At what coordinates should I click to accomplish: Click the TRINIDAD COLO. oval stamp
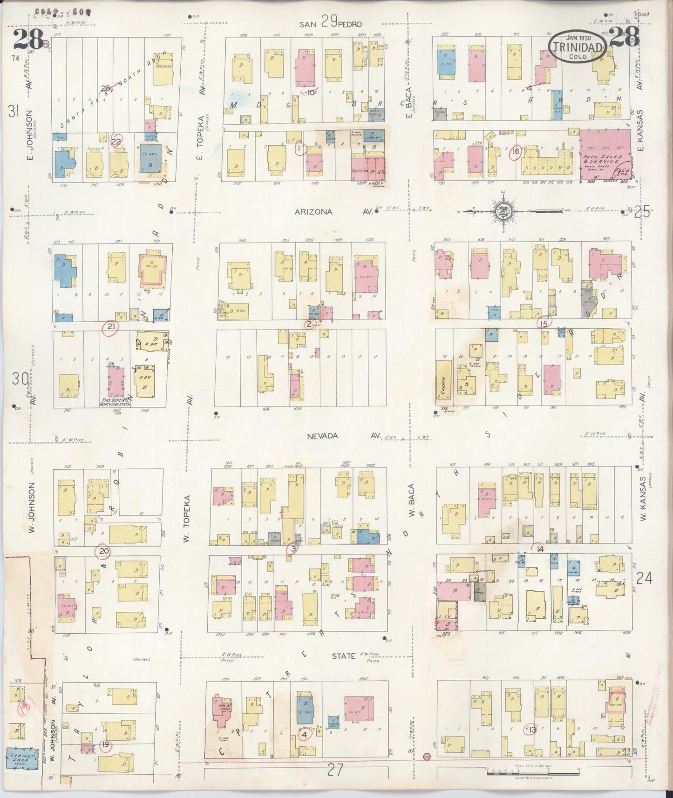[578, 47]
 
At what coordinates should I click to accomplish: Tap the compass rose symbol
[503, 211]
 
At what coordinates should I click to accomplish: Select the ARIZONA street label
[313, 212]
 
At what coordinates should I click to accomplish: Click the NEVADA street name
[322, 436]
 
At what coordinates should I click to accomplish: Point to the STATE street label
[344, 656]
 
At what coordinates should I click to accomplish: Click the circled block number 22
[116, 142]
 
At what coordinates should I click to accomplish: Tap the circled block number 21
[111, 327]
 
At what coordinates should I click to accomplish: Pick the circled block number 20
[103, 552]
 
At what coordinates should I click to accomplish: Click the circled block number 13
[531, 730]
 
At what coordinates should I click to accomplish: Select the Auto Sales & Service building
[604, 154]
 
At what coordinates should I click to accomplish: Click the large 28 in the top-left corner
[28, 39]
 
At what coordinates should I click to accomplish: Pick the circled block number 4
[305, 736]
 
